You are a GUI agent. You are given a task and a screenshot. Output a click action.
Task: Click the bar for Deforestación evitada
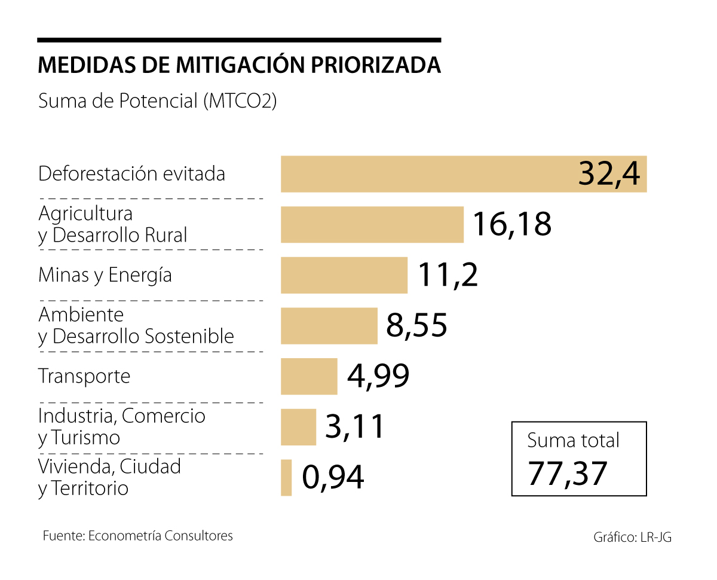tap(418, 174)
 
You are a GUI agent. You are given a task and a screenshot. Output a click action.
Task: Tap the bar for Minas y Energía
tap(344, 275)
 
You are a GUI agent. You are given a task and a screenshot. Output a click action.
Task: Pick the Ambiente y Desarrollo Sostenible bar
tap(329, 326)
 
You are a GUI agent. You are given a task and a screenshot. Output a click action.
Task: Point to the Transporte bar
tap(309, 376)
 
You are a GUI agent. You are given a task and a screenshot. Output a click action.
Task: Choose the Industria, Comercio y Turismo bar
tap(298, 427)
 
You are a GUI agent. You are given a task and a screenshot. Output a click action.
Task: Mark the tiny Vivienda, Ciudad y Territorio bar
tap(286, 477)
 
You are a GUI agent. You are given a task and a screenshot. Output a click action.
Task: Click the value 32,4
tap(608, 175)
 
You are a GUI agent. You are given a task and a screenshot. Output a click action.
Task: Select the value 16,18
tap(511, 224)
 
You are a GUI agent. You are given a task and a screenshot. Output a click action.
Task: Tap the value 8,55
tap(416, 326)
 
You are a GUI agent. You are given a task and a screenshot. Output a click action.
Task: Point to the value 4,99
tap(378, 376)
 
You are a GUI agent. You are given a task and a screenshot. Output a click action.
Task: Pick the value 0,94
tap(333, 477)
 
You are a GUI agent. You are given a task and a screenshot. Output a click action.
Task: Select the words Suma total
tap(573, 441)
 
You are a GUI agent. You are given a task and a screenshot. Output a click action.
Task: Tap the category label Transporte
tap(84, 376)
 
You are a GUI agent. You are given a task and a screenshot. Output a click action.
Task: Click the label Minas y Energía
tap(105, 275)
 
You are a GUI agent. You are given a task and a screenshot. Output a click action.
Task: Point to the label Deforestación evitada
tap(131, 174)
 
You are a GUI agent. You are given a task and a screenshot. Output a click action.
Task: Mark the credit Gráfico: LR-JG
tap(632, 537)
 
